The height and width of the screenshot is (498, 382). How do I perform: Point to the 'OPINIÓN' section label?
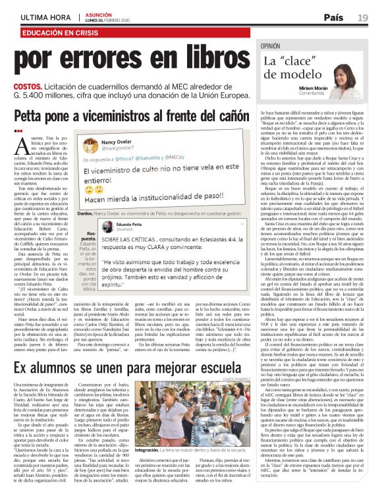275,47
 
